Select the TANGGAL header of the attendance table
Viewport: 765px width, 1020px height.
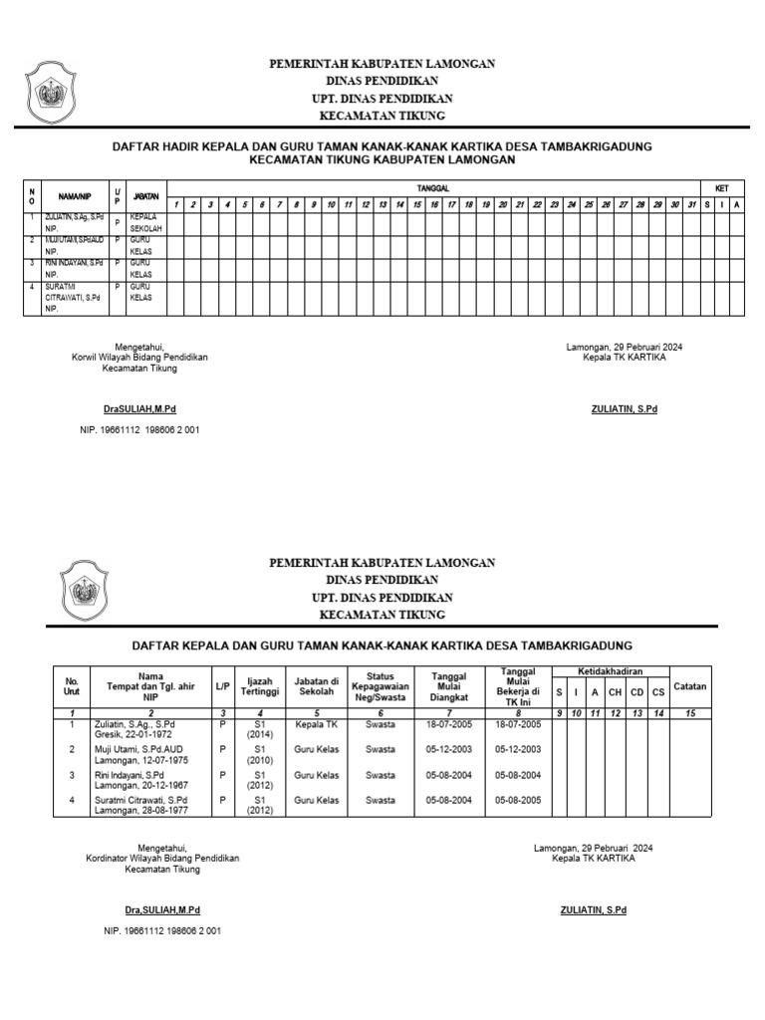coord(432,188)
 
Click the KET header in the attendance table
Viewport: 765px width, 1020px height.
coord(721,188)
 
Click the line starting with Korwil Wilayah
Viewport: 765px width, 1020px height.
coord(139,358)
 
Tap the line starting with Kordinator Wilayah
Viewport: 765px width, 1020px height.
coord(162,858)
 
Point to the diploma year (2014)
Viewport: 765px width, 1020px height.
coord(259,735)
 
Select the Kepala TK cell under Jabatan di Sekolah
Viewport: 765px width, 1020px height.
coord(317,724)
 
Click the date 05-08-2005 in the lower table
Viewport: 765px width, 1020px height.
coord(518,799)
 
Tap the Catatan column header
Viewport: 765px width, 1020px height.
coord(689,685)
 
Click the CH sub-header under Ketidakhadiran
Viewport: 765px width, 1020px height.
coord(615,691)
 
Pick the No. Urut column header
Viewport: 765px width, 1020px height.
coord(72,685)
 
